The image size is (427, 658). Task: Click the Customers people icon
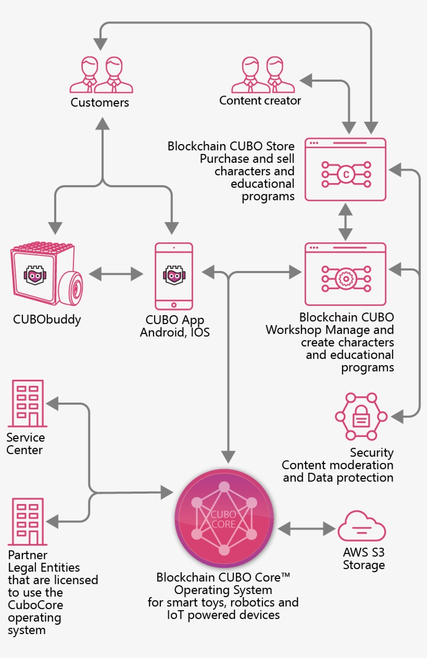point(101,75)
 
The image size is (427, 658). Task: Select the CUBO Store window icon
point(345,169)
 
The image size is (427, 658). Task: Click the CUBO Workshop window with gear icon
point(345,274)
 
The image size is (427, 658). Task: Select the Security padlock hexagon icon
point(361,416)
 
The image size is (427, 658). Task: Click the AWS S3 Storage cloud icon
point(362,526)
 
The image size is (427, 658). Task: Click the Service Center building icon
point(28,404)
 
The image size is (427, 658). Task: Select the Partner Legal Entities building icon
point(28,522)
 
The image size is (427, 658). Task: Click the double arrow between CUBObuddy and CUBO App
point(116,273)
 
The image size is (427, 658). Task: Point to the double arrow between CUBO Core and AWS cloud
point(307,529)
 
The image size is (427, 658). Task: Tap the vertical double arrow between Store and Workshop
point(345,222)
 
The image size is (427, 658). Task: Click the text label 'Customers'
point(100,102)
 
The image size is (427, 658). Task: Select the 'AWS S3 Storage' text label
point(363,559)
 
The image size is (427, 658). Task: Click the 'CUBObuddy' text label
point(47,319)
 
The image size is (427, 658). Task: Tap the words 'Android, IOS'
point(174,332)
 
